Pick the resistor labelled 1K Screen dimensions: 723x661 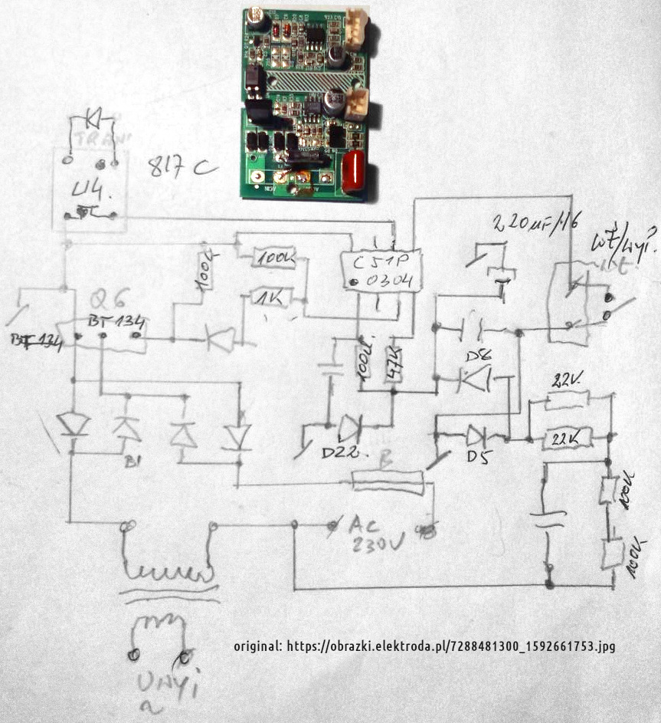(x=270, y=296)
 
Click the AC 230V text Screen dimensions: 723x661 (x=376, y=535)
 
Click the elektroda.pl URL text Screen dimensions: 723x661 (x=424, y=646)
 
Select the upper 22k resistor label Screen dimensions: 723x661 (x=568, y=380)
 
